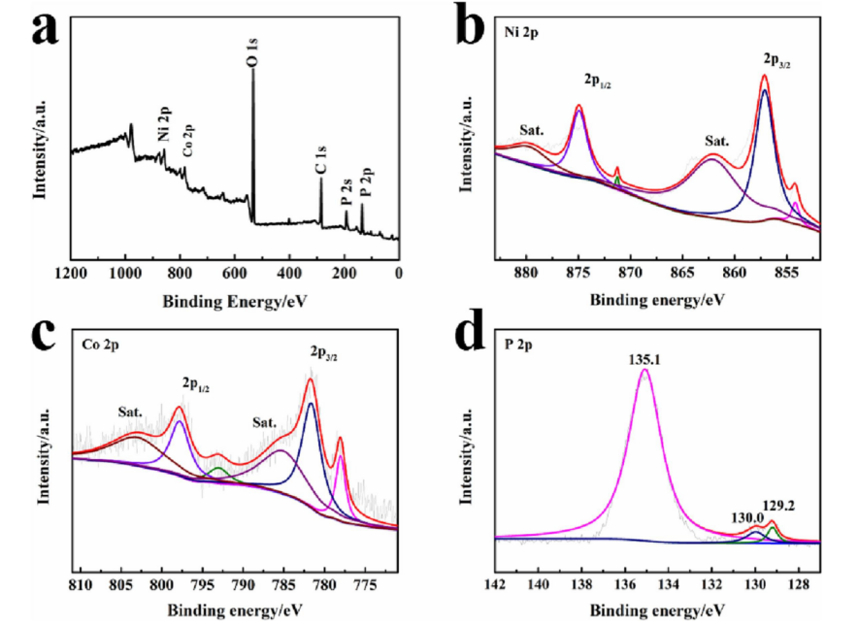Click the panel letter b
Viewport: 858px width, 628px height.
(472, 30)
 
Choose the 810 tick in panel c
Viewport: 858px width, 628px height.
(80, 585)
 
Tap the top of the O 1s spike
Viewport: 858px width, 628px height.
(253, 70)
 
